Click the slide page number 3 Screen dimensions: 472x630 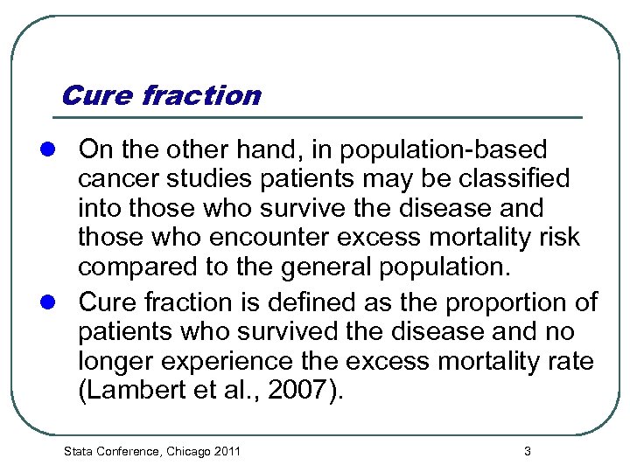click(x=527, y=451)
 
